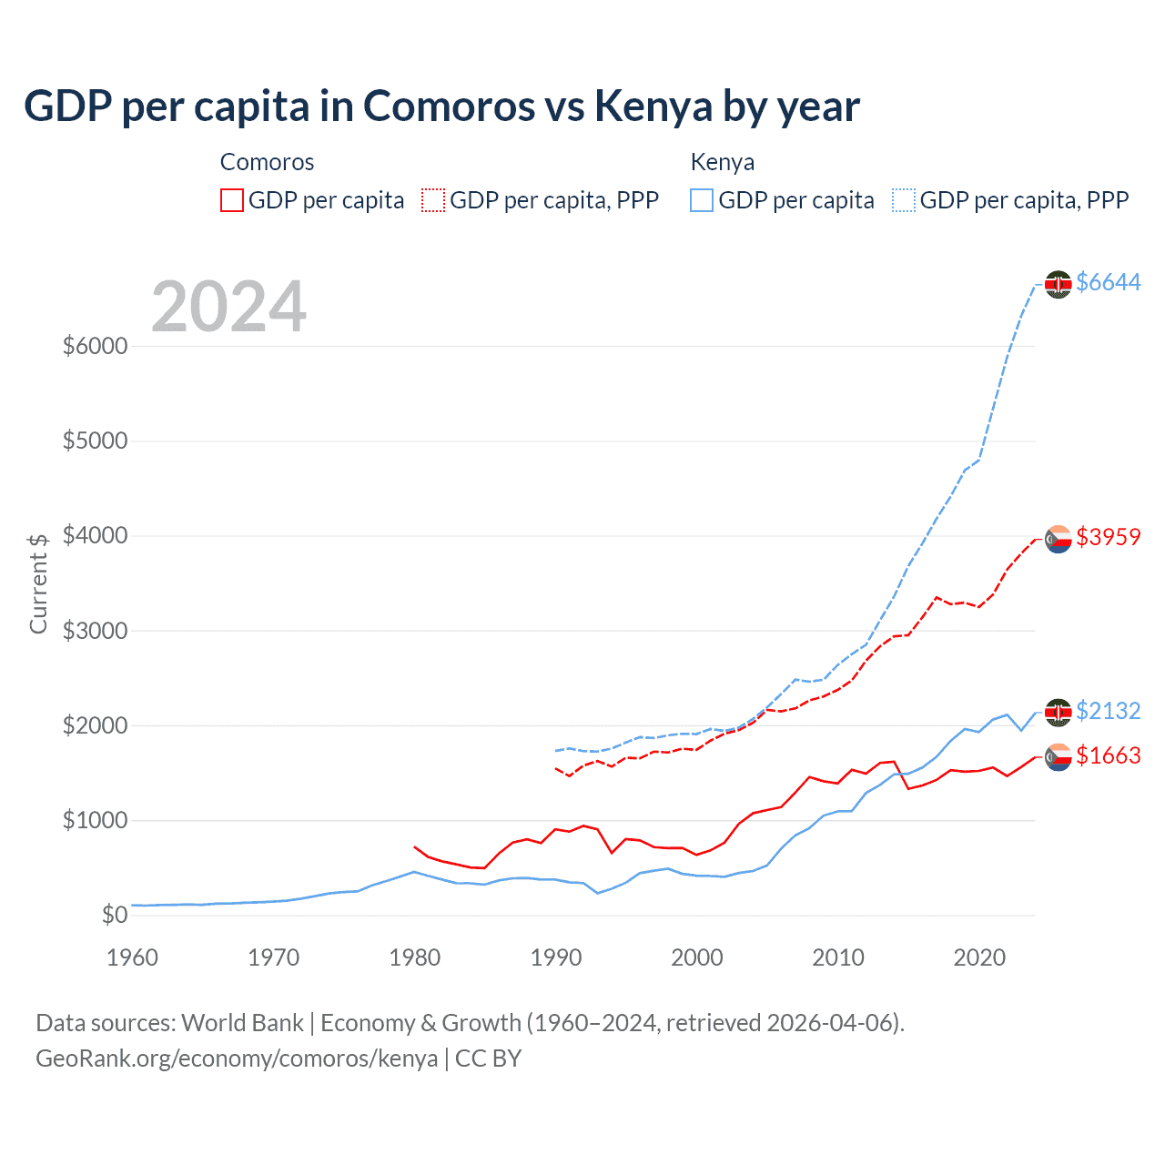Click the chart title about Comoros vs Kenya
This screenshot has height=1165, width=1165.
(441, 106)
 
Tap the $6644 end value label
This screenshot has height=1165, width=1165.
(1108, 283)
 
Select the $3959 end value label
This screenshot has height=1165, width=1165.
(1108, 537)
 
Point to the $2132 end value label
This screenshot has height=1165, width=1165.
(1108, 711)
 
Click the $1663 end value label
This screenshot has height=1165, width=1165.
(1108, 755)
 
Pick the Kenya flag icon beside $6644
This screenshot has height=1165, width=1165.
(1058, 285)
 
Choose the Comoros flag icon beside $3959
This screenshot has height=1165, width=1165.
(1058, 540)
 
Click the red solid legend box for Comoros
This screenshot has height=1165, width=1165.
(232, 200)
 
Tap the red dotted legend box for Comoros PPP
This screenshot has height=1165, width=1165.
(433, 200)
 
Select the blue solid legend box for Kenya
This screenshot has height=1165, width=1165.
(702, 200)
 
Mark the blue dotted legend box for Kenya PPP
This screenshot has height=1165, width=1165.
(904, 200)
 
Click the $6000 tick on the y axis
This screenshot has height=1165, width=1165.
(95, 347)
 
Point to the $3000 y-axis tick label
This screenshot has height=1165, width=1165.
(95, 631)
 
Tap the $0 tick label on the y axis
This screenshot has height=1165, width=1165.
(114, 915)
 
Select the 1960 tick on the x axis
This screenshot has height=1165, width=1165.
(133, 957)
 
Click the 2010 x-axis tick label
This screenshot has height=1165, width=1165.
(838, 957)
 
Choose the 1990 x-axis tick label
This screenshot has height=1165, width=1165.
(556, 957)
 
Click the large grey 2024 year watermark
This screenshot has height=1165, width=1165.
(228, 307)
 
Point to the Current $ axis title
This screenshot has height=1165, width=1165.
(38, 583)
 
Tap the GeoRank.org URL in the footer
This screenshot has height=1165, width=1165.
(237, 1059)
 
